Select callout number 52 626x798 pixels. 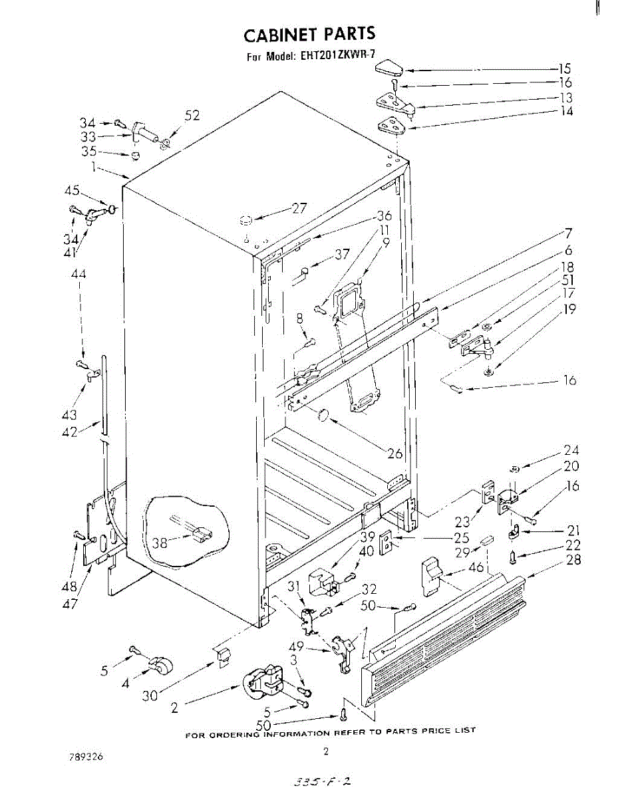point(192,116)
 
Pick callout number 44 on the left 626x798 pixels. point(79,273)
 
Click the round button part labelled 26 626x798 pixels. point(323,416)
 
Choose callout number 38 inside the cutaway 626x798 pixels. point(160,542)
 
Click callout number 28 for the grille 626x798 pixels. point(573,560)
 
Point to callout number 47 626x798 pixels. point(71,604)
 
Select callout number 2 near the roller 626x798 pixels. point(175,708)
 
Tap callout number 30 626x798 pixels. point(150,696)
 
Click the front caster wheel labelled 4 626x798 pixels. point(158,664)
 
